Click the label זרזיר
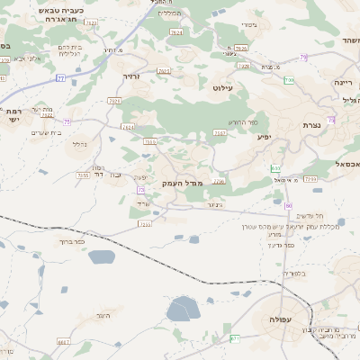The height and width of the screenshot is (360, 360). coord(132,76)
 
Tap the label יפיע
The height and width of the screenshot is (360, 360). coord(264,137)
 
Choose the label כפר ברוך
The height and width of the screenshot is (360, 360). coord(71,242)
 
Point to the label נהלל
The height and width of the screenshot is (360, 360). coord(80,143)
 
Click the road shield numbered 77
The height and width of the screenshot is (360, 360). coord(60,78)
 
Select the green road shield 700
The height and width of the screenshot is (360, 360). coord(289,81)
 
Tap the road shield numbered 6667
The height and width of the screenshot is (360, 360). coord(63,342)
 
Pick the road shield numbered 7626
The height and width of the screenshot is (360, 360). coord(175,32)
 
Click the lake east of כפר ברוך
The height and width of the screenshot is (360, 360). coord(102,256)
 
